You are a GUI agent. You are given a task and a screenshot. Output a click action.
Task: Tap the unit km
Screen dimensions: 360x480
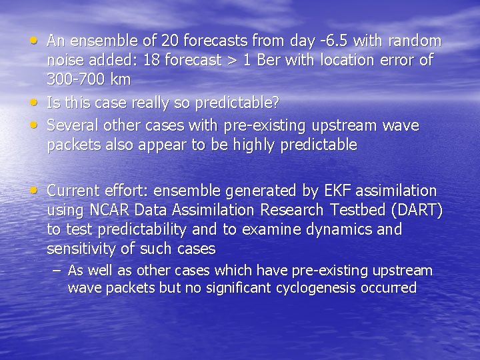(x=120, y=79)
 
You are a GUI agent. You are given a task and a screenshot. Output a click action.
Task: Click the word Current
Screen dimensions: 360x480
(x=74, y=191)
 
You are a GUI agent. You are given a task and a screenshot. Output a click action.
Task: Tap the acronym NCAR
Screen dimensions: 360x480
(x=109, y=210)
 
